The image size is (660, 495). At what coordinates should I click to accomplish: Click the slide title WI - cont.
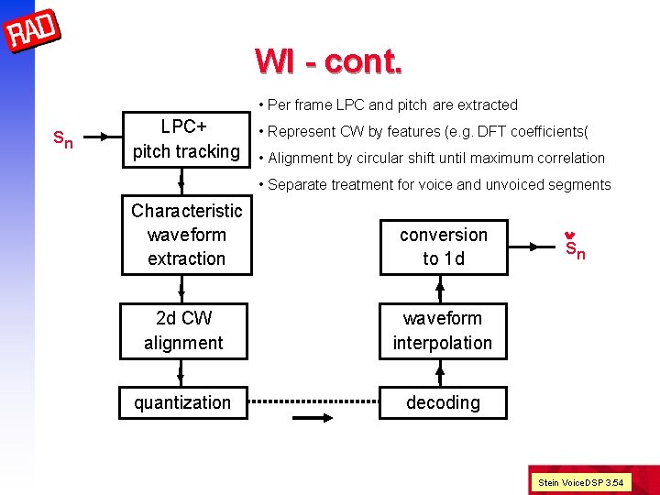coord(328,60)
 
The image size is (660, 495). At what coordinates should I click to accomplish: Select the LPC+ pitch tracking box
coord(186,138)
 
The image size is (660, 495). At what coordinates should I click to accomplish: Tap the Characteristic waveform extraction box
coord(186,235)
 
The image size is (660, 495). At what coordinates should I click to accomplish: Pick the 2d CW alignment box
coord(183,330)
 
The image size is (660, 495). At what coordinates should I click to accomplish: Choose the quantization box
coord(182,402)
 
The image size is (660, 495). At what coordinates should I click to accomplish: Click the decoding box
coord(443,402)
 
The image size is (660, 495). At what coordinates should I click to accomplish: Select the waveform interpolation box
coord(443,330)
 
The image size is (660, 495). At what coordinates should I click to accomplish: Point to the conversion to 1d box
coord(443,247)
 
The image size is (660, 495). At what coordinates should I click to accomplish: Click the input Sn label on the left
coord(62,139)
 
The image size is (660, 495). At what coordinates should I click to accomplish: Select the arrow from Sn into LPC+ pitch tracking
coord(104,139)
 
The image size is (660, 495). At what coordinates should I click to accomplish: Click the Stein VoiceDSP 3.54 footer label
coord(580,481)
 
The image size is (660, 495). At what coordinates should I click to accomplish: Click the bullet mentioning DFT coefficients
coord(435,131)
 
